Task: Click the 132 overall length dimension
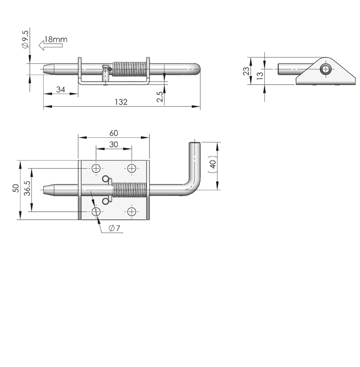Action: pos(121,102)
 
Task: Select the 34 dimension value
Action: pos(60,90)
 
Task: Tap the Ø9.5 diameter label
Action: pos(25,39)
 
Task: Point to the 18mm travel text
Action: pos(56,39)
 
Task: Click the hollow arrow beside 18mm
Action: pos(51,45)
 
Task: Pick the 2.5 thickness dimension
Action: pos(160,97)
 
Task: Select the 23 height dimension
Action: pos(246,71)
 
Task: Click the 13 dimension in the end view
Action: pos(260,76)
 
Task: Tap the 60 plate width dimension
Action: pos(113,133)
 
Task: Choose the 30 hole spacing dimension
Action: pos(113,144)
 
